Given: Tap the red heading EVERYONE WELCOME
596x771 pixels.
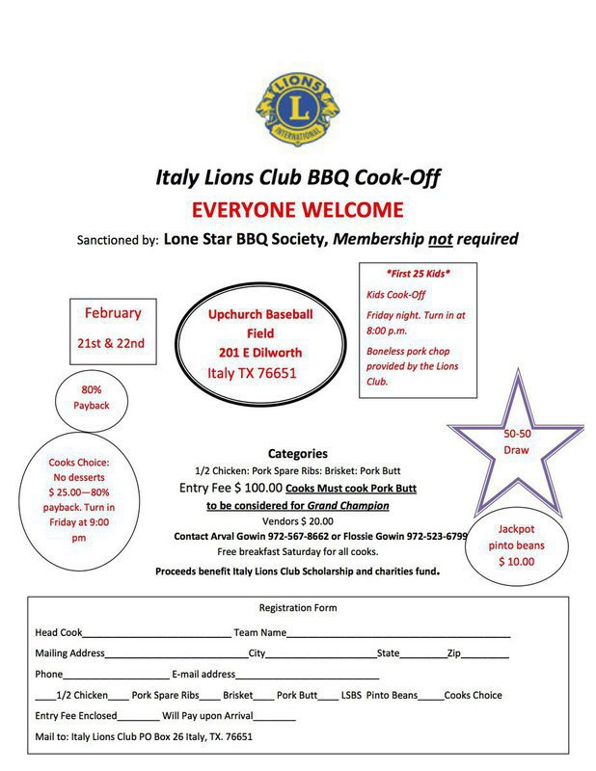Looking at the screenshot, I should [298, 209].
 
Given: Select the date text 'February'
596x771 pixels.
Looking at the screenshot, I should [113, 312].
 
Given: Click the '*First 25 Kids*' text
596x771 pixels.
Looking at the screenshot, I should [419, 274].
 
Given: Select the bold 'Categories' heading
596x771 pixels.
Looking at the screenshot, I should [298, 453].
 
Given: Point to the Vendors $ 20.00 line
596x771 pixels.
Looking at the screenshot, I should [298, 520].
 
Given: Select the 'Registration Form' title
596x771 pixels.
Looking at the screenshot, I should [298, 608].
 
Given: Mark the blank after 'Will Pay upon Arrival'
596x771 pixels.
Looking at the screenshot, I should [276, 718].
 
